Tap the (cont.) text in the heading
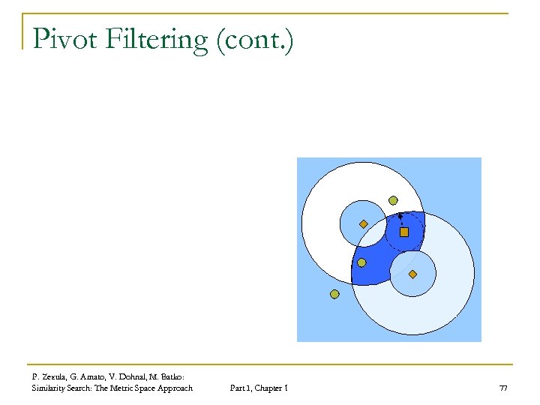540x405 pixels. [x=254, y=40]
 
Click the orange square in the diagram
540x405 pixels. [x=404, y=232]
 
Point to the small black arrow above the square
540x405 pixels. [x=400, y=217]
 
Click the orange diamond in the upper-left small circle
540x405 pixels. [x=363, y=223]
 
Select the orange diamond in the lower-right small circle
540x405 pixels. [x=413, y=274]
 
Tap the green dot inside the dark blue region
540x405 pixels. [x=361, y=262]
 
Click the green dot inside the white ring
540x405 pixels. [x=392, y=200]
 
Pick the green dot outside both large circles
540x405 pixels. [x=334, y=294]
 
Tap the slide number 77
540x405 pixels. [x=502, y=388]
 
